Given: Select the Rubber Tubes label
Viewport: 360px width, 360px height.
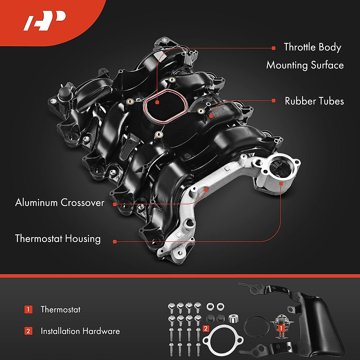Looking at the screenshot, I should tap(314, 101).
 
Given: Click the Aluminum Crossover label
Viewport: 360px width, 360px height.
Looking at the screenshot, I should tap(60, 202).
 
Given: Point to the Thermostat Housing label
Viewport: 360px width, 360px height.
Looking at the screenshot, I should tap(58, 239).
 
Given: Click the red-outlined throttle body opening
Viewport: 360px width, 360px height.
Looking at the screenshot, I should tap(166, 106).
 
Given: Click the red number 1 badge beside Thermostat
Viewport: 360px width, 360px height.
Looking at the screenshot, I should tap(28, 309).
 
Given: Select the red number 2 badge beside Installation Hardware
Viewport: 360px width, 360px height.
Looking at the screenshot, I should tap(28, 331).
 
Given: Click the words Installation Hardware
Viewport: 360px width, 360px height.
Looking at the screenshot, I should tap(80, 331).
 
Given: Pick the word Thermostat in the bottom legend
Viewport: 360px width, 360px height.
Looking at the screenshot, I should tap(60, 309).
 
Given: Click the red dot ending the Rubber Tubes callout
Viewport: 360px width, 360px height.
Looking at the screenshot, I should tap(273, 101).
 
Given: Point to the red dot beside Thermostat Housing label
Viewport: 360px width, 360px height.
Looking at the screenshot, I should tap(115, 241).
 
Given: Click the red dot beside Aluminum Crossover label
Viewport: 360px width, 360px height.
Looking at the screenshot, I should tap(115, 204).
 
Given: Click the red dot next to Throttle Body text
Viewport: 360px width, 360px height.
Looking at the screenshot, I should tap(273, 48).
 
